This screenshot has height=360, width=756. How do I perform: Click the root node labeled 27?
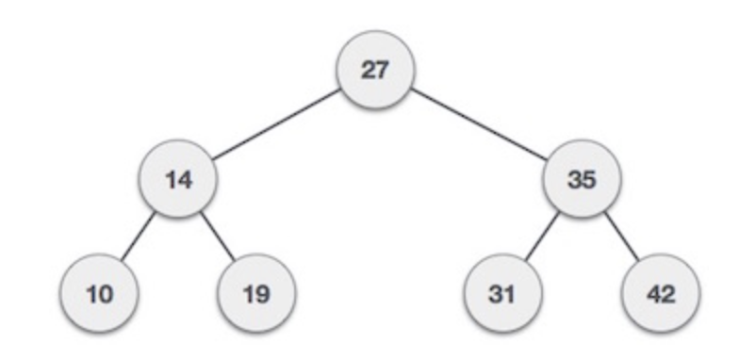click(375, 70)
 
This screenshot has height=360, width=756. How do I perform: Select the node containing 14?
click(177, 180)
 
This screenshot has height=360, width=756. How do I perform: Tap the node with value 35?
click(583, 180)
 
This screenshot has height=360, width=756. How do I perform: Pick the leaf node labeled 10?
click(100, 293)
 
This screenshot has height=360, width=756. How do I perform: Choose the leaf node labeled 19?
click(255, 293)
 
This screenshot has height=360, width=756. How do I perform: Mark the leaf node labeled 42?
click(661, 293)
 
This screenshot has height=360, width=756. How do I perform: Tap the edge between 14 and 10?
click(139, 237)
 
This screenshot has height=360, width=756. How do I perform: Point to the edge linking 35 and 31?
click(543, 237)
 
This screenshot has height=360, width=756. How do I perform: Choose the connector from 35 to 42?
click(622, 237)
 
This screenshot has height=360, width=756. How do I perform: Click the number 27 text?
click(375, 71)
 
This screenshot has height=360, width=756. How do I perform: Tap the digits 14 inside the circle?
click(177, 180)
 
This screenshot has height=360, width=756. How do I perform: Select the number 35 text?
click(583, 180)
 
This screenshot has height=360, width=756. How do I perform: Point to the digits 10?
click(100, 294)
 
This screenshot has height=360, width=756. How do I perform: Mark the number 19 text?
click(255, 294)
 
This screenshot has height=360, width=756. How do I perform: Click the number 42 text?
click(661, 294)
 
